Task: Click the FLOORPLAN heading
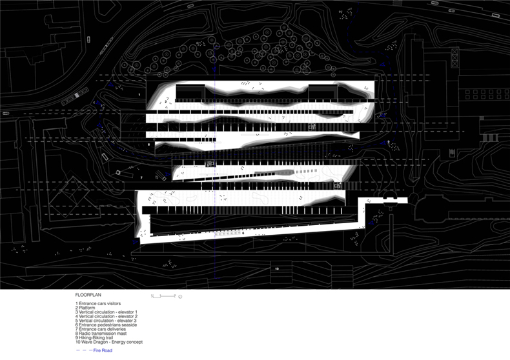tap(88, 294)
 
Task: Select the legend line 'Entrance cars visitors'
tap(97, 303)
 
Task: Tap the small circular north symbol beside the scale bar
tap(180, 296)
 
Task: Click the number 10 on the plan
tap(276, 268)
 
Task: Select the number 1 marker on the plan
tap(139, 94)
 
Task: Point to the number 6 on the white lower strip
tap(243, 234)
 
